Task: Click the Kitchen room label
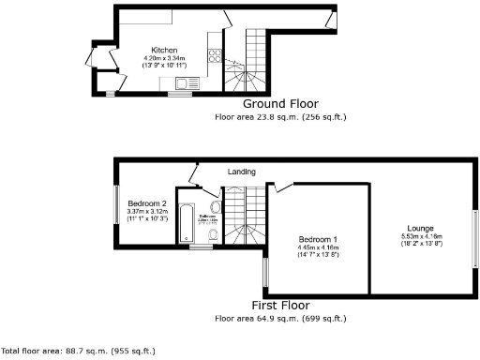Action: click(166, 51)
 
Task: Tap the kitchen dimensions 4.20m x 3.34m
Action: click(166, 58)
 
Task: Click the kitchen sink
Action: click(177, 83)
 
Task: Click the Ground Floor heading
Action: click(280, 104)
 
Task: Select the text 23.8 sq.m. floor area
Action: click(253, 118)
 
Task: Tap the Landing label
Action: click(242, 172)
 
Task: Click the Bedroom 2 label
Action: click(147, 203)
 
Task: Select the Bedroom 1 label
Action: click(319, 239)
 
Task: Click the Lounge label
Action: click(421, 228)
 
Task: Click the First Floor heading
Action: click(280, 306)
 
